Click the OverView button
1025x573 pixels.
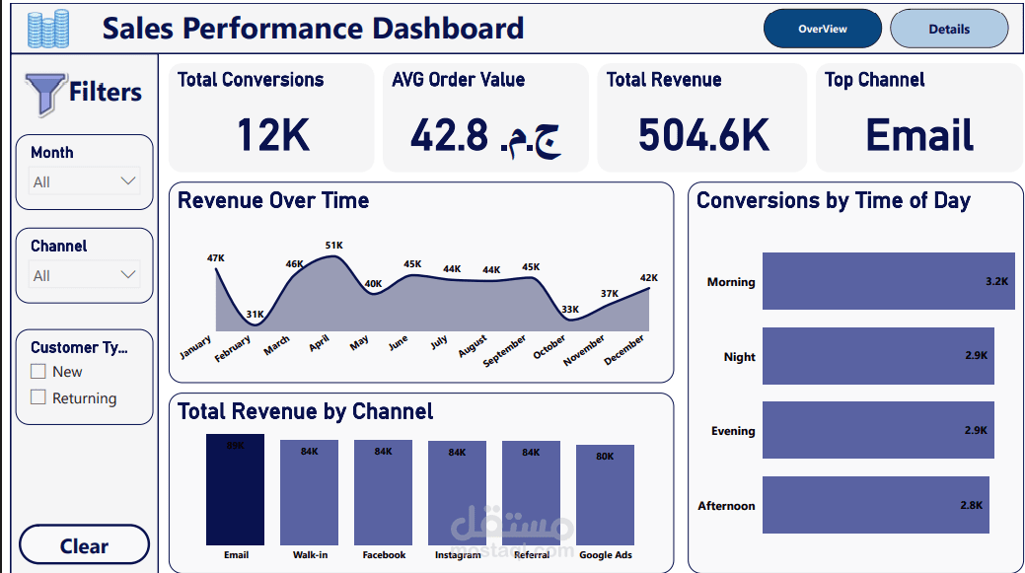click(x=822, y=30)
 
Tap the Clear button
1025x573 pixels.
click(x=84, y=545)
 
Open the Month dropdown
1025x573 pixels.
click(x=85, y=181)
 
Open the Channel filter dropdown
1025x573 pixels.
click(x=85, y=275)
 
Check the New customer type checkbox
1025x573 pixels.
click(x=38, y=372)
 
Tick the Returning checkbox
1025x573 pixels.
click(x=38, y=397)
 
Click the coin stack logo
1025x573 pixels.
click(x=48, y=30)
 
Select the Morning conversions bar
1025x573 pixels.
click(x=888, y=281)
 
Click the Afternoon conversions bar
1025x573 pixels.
click(x=875, y=505)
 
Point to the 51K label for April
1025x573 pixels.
click(x=334, y=246)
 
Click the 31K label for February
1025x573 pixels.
click(x=255, y=315)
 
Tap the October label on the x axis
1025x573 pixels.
click(x=549, y=347)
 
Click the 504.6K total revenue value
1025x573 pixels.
click(x=702, y=135)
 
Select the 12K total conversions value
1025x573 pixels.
click(x=272, y=135)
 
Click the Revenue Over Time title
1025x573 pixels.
click(x=273, y=201)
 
